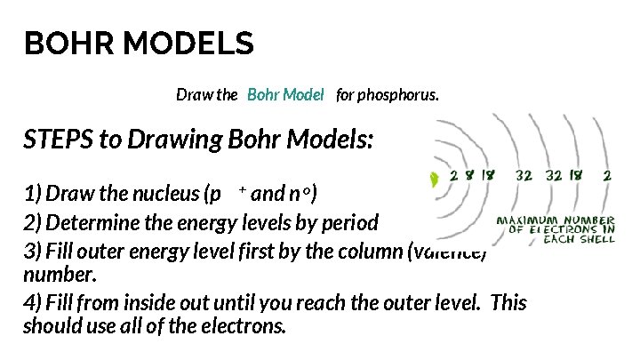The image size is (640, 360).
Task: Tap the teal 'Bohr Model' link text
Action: point(285,94)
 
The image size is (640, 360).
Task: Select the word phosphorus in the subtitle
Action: point(398,94)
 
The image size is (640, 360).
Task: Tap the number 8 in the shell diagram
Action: point(468,176)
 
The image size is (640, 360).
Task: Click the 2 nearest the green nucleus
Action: point(453,176)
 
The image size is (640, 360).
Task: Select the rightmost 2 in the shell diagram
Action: point(607,176)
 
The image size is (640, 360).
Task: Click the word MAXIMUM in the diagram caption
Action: point(524,220)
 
